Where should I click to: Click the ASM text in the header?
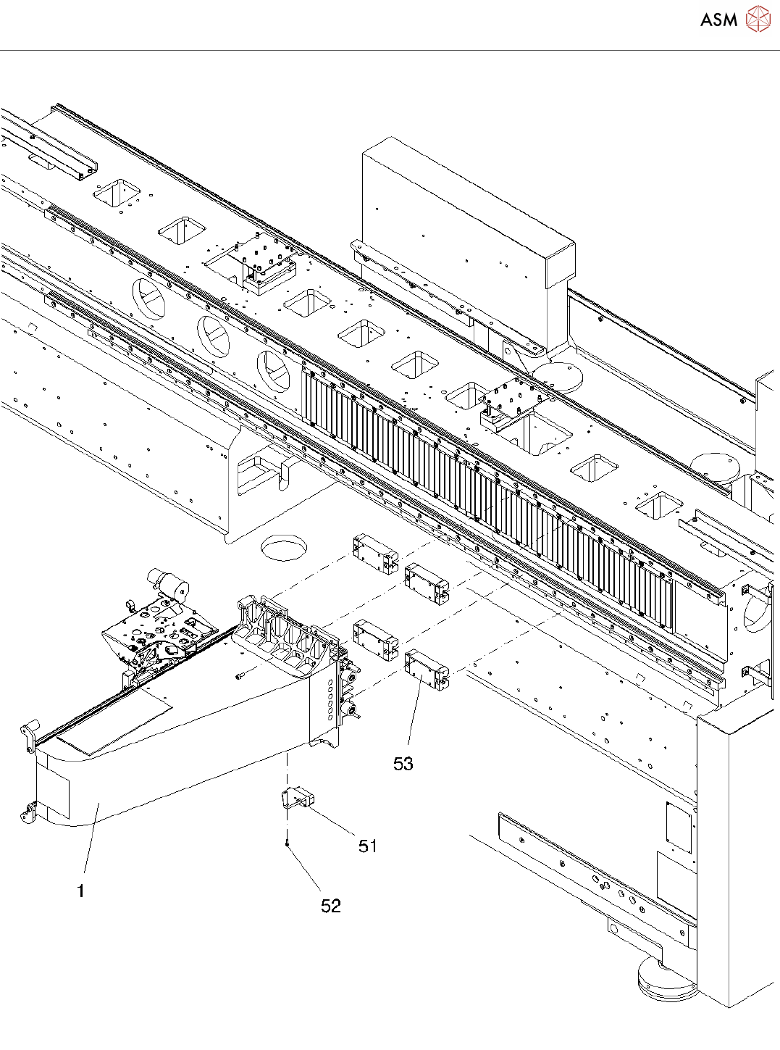(x=718, y=20)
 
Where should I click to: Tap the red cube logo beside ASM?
(x=758, y=19)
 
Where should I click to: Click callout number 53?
(x=403, y=764)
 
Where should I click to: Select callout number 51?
(x=368, y=846)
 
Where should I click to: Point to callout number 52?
(x=331, y=906)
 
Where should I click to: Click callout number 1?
(x=81, y=891)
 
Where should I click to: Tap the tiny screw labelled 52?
(x=288, y=843)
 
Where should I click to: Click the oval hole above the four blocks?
(x=284, y=546)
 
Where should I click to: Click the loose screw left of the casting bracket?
(x=242, y=675)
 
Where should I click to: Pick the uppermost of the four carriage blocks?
(x=375, y=553)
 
